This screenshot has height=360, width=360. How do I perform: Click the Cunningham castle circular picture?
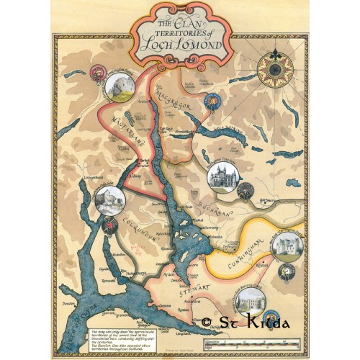pyautogui.click(x=288, y=246)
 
